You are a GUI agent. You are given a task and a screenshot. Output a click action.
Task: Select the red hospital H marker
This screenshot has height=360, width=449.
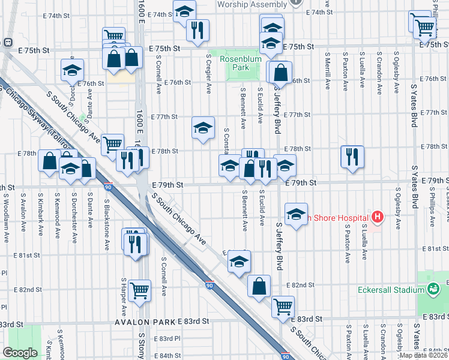click(377, 216)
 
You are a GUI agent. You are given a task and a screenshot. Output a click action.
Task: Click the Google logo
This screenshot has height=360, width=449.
click(20, 353)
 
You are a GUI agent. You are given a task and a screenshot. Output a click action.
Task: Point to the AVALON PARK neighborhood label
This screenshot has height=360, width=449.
click(146, 322)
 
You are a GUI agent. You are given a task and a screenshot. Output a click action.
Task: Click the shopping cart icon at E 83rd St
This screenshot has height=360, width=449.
click(283, 307)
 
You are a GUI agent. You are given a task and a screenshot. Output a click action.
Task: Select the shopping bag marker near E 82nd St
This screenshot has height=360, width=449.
click(259, 286)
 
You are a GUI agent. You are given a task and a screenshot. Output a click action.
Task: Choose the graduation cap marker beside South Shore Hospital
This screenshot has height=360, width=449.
click(295, 214)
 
